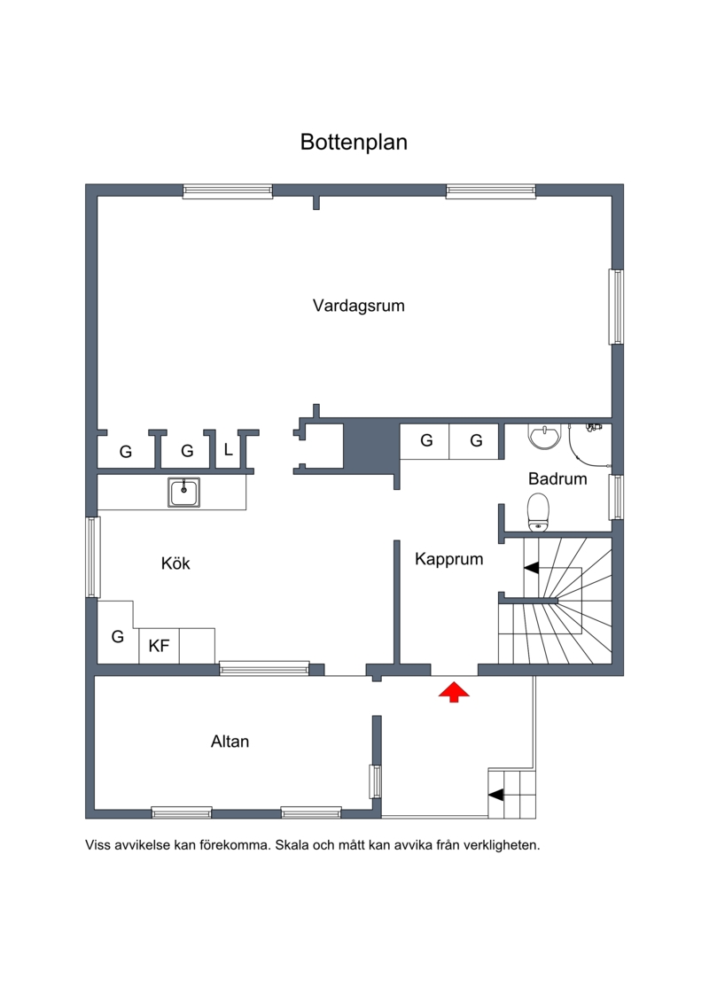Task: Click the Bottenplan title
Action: tap(354, 142)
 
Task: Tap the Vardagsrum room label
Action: tap(359, 306)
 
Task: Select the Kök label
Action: tap(175, 563)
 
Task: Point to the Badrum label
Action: tap(557, 478)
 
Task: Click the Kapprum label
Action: tap(448, 559)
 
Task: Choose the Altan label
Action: tap(230, 742)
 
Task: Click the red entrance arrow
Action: tap(454, 692)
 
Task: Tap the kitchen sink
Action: tap(184, 493)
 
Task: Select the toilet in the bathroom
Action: tap(538, 512)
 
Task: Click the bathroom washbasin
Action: tap(544, 436)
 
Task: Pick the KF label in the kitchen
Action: tap(159, 646)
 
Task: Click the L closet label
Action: tap(229, 450)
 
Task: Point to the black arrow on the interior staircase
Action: tap(531, 568)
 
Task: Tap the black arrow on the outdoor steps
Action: tap(496, 795)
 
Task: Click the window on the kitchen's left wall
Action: tap(93, 557)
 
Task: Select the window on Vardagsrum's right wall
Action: tap(616, 307)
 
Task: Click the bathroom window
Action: tap(616, 497)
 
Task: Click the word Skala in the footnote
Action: tap(292, 845)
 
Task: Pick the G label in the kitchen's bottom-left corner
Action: tap(118, 636)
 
